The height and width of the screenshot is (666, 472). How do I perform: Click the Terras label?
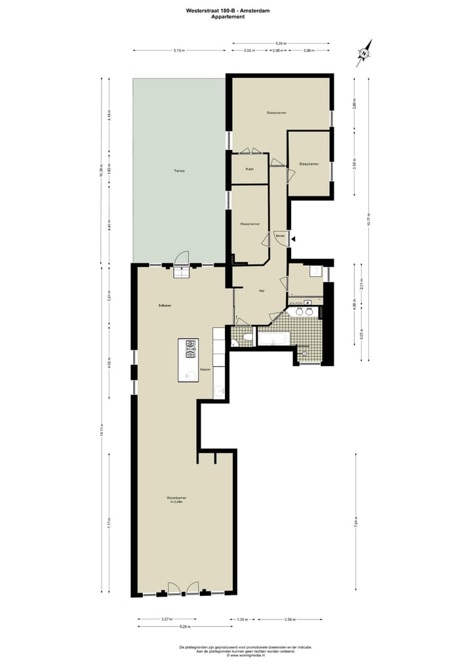coord(179,171)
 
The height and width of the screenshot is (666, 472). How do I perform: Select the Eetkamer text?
coord(165,306)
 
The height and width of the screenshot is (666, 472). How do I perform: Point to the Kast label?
coord(249,169)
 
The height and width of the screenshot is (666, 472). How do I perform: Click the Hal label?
coord(261,291)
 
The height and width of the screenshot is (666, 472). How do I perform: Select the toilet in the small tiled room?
coord(246,338)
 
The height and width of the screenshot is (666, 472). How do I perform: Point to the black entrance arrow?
coord(294,239)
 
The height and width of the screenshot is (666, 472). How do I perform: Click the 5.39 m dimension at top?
coord(281,43)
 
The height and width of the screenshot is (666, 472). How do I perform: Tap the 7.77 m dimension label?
coord(109,523)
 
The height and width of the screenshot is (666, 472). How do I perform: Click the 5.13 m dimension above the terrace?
coord(179,50)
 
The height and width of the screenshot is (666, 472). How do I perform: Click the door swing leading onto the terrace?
coord(183,259)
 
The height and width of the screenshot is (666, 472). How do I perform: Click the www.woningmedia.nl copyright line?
coord(246,656)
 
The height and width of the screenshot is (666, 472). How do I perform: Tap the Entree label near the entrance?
coord(280,234)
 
